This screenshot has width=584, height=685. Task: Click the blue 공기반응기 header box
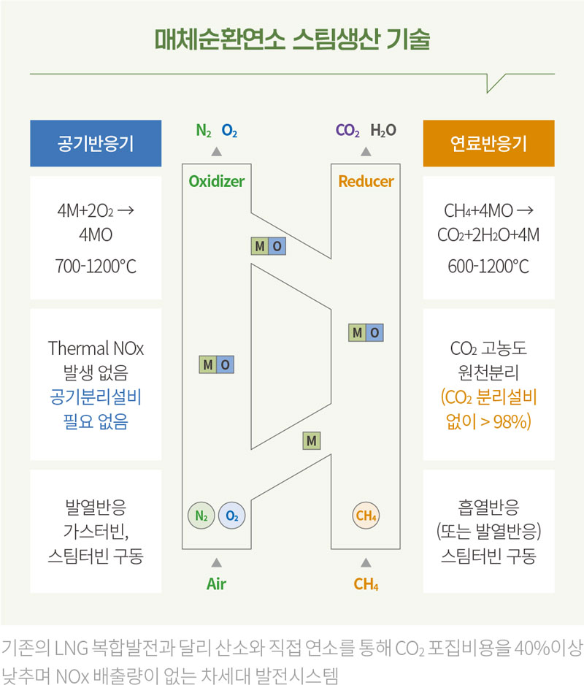pos(96,143)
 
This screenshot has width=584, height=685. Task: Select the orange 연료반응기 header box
pos(489,143)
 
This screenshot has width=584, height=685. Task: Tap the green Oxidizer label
pos(217,181)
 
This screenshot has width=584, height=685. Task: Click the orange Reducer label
pos(366,181)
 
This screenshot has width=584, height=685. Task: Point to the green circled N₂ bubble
pos(201,516)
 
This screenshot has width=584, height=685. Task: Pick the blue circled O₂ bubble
pos(232,516)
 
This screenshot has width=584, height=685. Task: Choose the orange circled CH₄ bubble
pos(366,516)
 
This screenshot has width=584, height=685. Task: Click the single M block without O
pos(312,441)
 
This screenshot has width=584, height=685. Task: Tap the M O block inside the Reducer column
pos(366,332)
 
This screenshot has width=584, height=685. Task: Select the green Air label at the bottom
pos(217,583)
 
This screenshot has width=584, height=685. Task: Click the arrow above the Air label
pos(217,562)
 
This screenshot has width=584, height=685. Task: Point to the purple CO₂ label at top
pos(347,130)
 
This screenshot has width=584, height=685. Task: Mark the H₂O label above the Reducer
pos(383,130)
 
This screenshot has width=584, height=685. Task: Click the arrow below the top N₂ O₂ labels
pos(217,152)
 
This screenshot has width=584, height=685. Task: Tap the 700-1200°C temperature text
pos(96,266)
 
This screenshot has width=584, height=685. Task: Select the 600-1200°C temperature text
pos(489,266)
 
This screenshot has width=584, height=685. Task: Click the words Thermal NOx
pos(96,348)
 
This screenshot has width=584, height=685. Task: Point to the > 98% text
pos(505,421)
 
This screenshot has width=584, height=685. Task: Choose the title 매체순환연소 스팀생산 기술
pos(292,39)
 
